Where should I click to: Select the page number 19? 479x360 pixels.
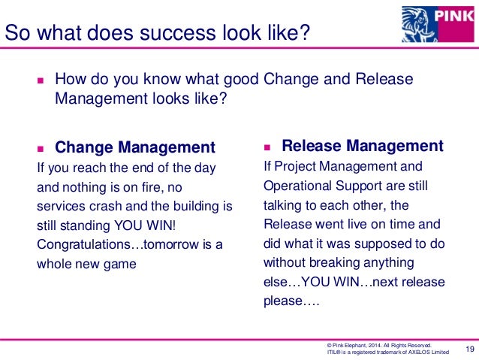click(x=471, y=347)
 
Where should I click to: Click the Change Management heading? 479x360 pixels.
click(x=135, y=147)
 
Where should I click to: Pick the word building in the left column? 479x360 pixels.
click(x=195, y=205)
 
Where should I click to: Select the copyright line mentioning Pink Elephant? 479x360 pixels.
click(x=376, y=343)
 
